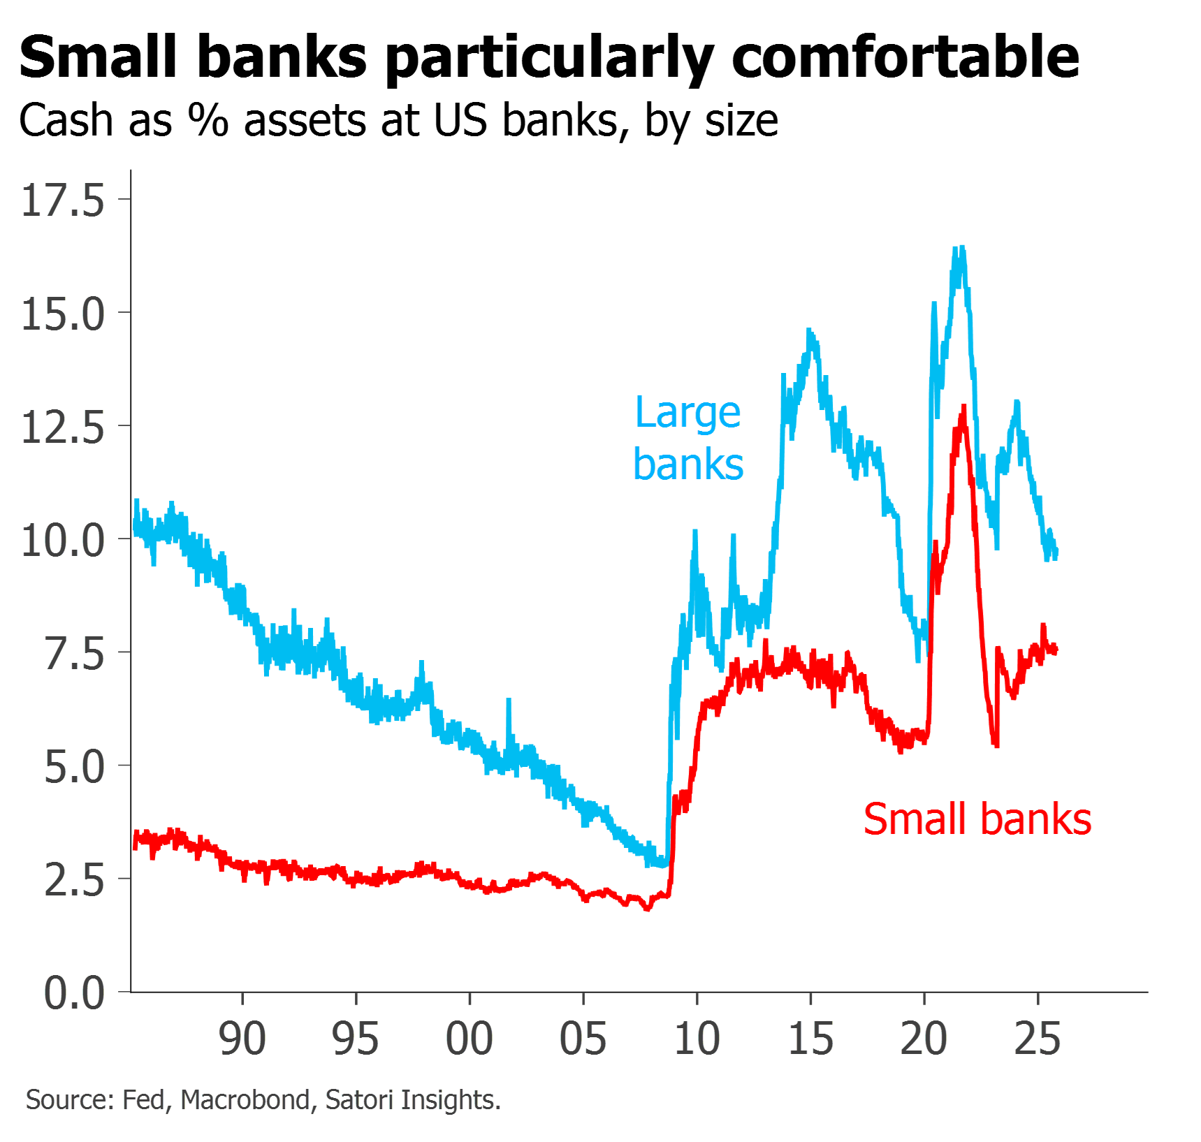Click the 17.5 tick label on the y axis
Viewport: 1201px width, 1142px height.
point(63,201)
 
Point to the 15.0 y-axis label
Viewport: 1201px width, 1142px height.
point(63,314)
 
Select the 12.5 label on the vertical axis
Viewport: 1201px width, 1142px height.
point(63,427)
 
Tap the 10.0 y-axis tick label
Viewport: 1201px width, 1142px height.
point(63,541)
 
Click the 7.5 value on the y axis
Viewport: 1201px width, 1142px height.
point(74,654)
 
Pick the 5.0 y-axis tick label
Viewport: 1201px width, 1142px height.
point(74,767)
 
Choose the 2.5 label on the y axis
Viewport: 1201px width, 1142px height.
point(74,880)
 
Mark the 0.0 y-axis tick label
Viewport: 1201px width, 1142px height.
point(74,993)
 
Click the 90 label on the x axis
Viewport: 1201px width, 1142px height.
point(242,1039)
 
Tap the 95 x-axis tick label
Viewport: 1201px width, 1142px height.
point(356,1039)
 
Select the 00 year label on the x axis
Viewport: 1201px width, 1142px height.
point(470,1039)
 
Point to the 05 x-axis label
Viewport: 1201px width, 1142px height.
point(583,1039)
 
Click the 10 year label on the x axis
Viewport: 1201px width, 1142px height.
point(697,1039)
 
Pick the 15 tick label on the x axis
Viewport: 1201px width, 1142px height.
point(811,1039)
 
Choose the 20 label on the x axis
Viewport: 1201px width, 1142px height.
point(924,1039)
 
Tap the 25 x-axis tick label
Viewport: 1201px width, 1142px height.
point(1038,1039)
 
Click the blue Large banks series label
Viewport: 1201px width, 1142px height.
point(688,439)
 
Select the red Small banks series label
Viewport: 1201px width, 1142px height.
point(977,819)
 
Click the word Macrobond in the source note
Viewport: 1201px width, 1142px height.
point(245,1100)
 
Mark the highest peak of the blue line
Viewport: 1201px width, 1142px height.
point(961,248)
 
